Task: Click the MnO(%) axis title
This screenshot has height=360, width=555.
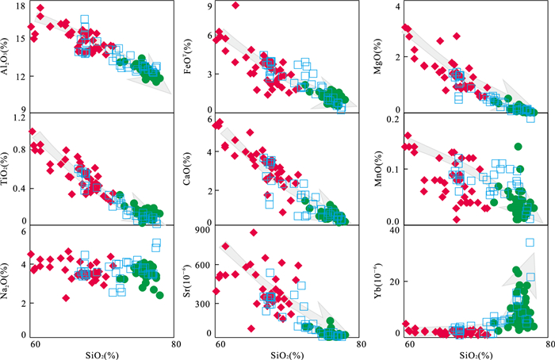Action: [x=386, y=169]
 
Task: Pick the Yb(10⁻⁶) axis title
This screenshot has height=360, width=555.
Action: [x=386, y=283]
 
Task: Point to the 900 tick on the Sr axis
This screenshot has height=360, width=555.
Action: [x=206, y=232]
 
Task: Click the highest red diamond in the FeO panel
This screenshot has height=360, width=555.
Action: [x=235, y=5]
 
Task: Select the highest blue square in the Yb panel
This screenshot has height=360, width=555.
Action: [x=530, y=243]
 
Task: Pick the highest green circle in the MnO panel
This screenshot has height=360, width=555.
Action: [x=519, y=147]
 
